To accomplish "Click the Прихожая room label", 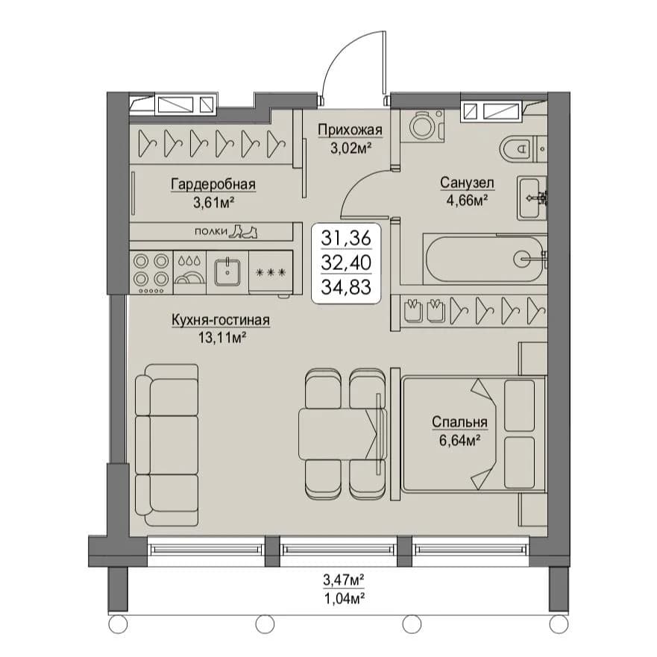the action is click(350, 130).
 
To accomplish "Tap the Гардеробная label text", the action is click(213, 184).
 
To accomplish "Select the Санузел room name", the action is click(467, 183).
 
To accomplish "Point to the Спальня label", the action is click(459, 422).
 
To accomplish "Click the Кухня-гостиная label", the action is click(221, 320).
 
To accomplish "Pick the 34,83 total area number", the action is click(346, 287).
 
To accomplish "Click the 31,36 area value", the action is click(346, 238).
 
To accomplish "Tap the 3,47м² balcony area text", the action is click(343, 580).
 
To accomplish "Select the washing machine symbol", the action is click(422, 126).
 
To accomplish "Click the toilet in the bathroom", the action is click(523, 148).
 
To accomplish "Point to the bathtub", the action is click(485, 259).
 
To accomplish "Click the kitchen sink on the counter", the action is click(227, 272).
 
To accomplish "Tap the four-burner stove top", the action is click(151, 272).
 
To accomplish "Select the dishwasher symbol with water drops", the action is click(189, 272).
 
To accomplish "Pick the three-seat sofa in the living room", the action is click(167, 445).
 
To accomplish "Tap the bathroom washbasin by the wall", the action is click(531, 198).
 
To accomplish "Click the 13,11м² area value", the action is click(222, 337).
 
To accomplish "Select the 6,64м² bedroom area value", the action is click(459, 441).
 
